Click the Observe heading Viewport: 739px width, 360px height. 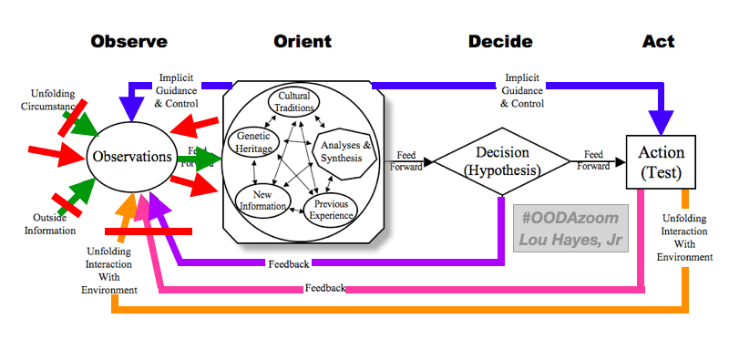(128, 42)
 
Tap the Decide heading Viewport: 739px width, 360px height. (500, 42)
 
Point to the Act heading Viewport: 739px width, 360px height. (657, 42)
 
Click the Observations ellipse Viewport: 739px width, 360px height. (131, 157)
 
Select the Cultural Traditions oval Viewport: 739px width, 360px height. (295, 102)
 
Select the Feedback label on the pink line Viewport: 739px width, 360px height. (325, 288)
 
